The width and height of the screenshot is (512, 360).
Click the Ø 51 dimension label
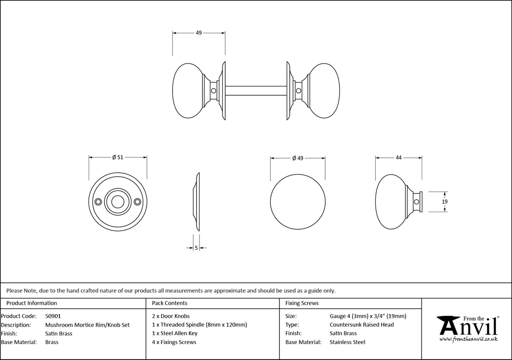pyautogui.click(x=118, y=157)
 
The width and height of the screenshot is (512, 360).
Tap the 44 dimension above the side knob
pyautogui.click(x=399, y=158)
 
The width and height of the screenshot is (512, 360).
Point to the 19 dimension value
pyautogui.click(x=445, y=201)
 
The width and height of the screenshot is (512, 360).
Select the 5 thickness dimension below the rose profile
pyautogui.click(x=197, y=248)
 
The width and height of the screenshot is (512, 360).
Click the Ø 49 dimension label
pyautogui.click(x=298, y=158)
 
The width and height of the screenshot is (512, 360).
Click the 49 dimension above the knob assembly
pyautogui.click(x=199, y=33)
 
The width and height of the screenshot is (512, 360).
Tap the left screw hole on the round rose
pyautogui.click(x=98, y=202)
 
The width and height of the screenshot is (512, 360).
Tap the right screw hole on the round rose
pyautogui.click(x=137, y=202)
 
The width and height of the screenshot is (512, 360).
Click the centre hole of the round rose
pyautogui.click(x=117, y=202)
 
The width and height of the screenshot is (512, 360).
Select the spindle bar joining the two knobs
pyautogui.click(x=256, y=90)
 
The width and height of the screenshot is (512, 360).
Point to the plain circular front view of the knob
pyautogui.click(x=298, y=201)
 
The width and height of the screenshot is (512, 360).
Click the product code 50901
pyautogui.click(x=53, y=316)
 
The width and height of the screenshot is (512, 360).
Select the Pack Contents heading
pyautogui.click(x=170, y=303)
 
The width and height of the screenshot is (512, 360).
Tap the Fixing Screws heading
pyautogui.click(x=302, y=303)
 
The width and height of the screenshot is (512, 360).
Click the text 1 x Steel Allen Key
pyautogui.click(x=175, y=333)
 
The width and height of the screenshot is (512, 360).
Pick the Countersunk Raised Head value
pyautogui.click(x=361, y=325)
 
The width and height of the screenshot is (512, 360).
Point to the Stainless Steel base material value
pyautogui.click(x=348, y=342)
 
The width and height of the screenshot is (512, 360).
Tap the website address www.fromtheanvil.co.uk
pyautogui.click(x=469, y=339)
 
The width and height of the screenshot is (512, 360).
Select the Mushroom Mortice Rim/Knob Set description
pyautogui.click(x=87, y=325)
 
